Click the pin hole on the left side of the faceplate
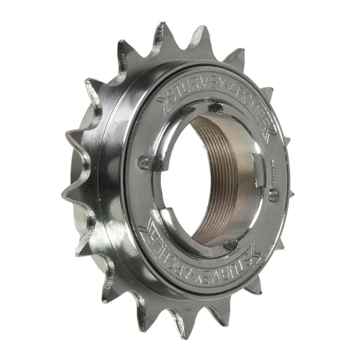(x=143, y=163)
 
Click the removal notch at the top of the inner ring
(x=215, y=107)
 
